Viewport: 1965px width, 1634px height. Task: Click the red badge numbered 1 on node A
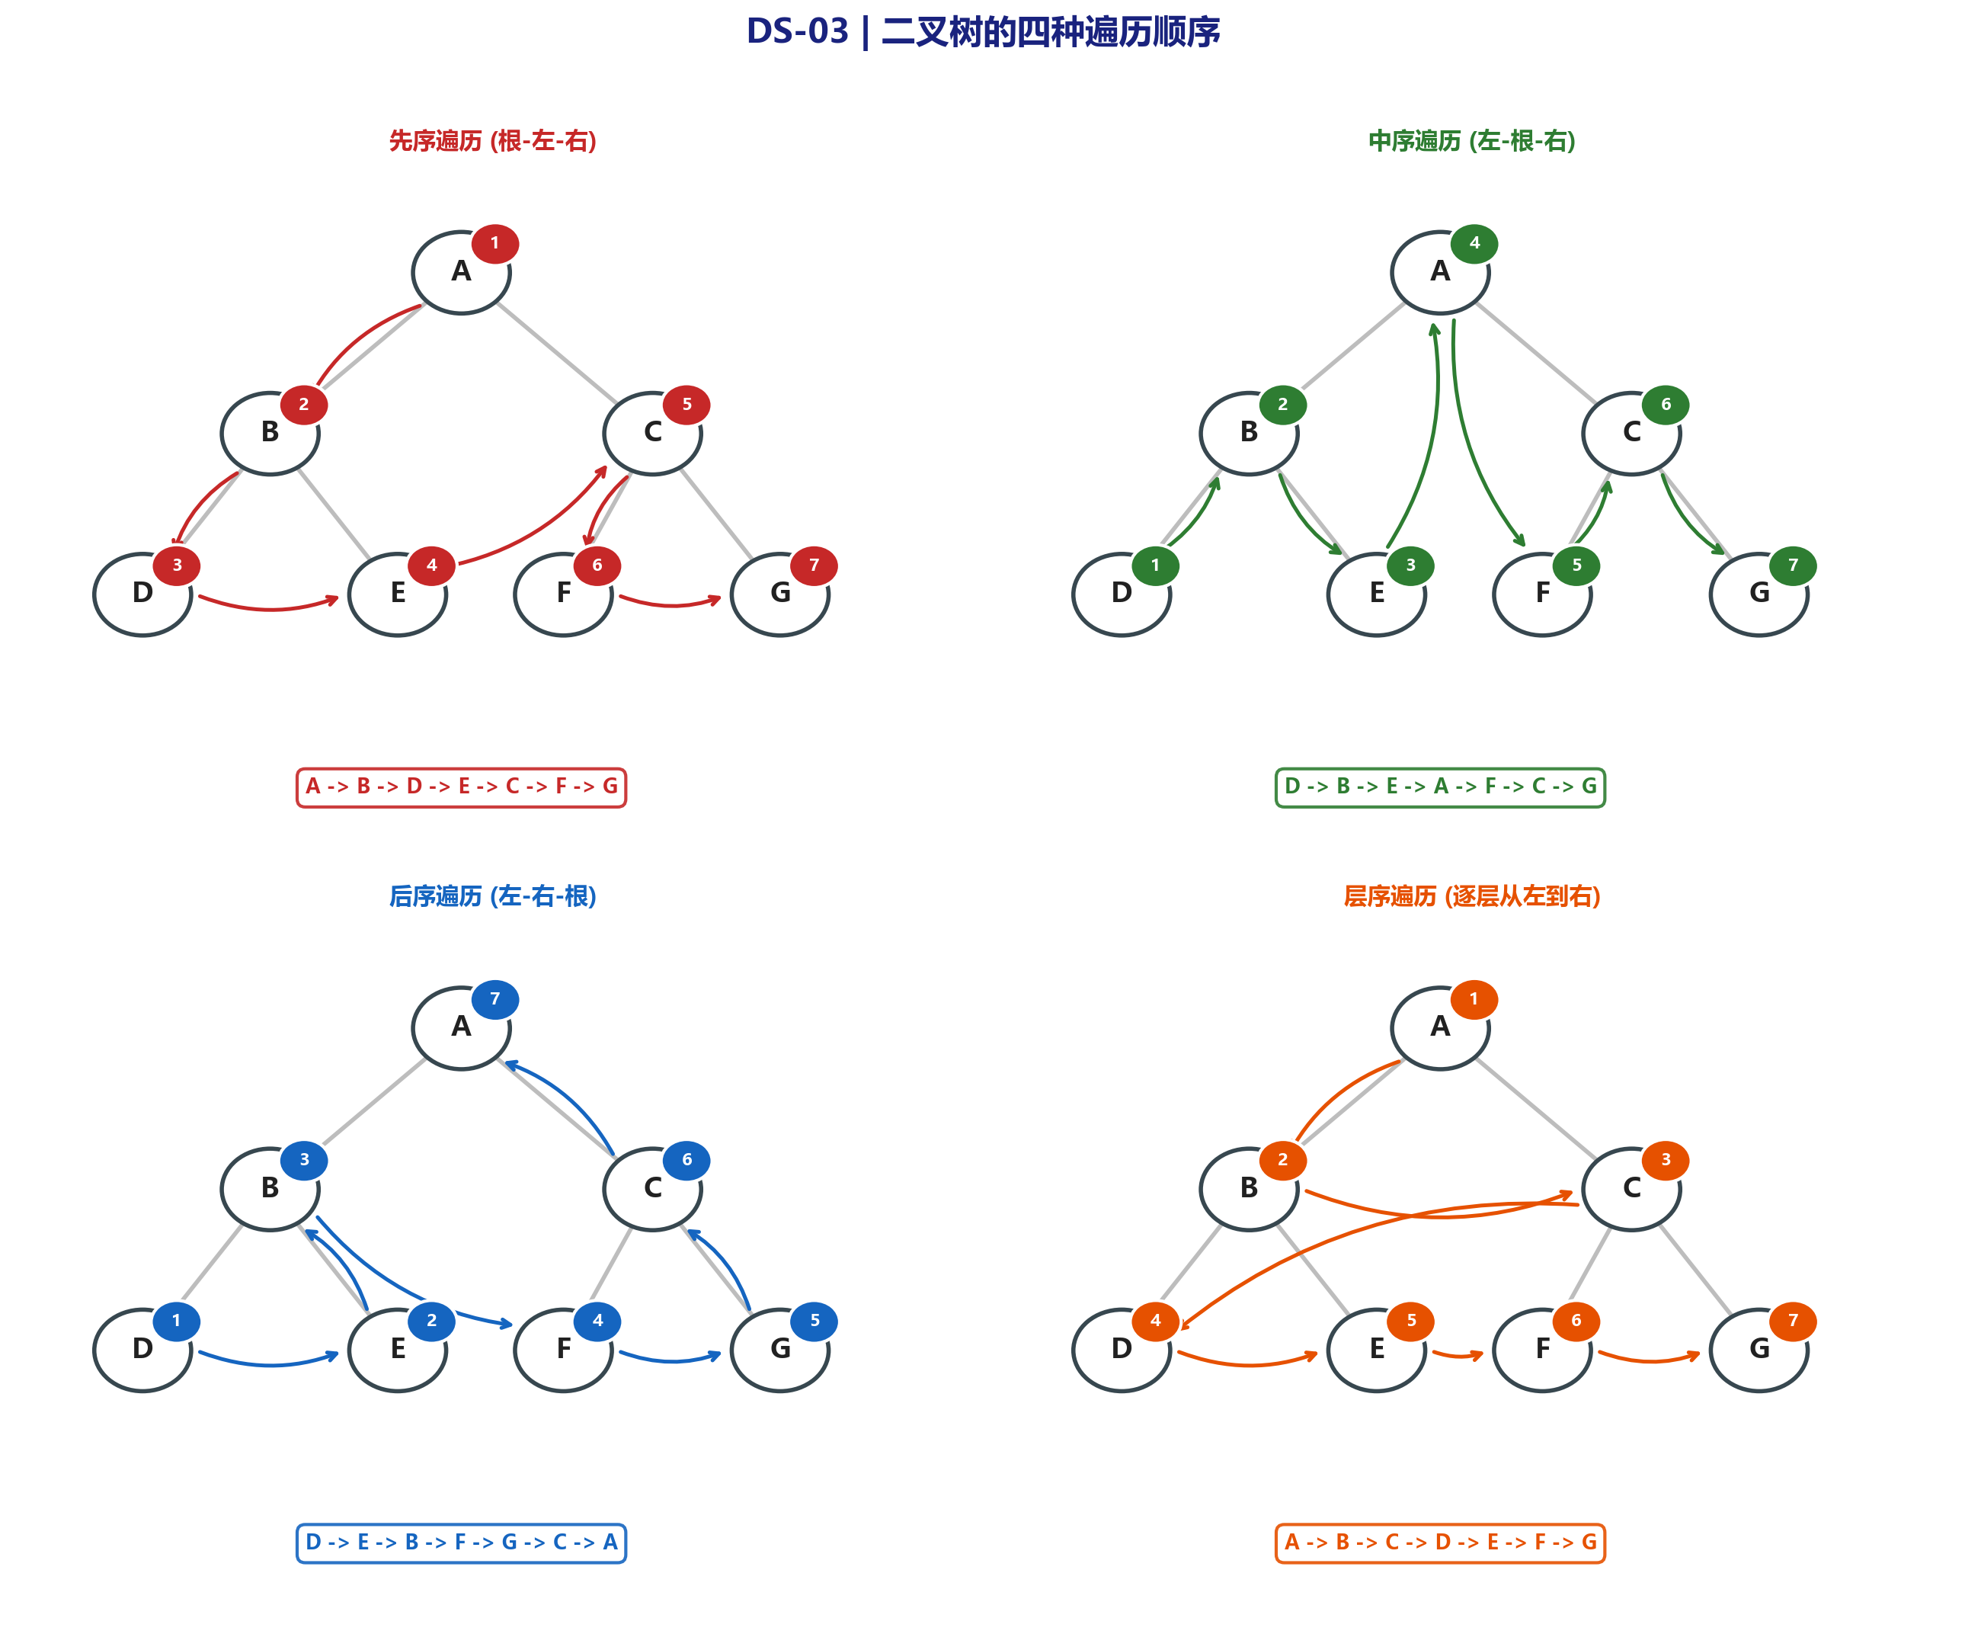[x=495, y=243]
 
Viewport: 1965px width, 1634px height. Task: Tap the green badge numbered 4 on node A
[x=1474, y=243]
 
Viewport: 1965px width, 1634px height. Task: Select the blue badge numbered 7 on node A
[x=495, y=998]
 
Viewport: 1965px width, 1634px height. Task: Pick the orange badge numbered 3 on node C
[x=1665, y=1159]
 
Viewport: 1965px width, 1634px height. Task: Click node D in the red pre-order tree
[x=142, y=594]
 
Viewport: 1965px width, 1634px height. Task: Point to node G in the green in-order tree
[x=1759, y=594]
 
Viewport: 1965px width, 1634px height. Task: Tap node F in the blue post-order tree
[x=563, y=1350]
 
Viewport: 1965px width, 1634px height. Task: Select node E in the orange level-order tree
[x=1377, y=1350]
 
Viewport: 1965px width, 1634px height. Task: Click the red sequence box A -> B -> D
[x=461, y=787]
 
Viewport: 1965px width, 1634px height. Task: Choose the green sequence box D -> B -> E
[x=1440, y=787]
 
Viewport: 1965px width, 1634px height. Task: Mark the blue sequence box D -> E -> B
[x=461, y=1543]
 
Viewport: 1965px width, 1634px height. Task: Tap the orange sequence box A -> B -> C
[x=1440, y=1543]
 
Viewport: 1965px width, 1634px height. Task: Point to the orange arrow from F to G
[x=1649, y=1360]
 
